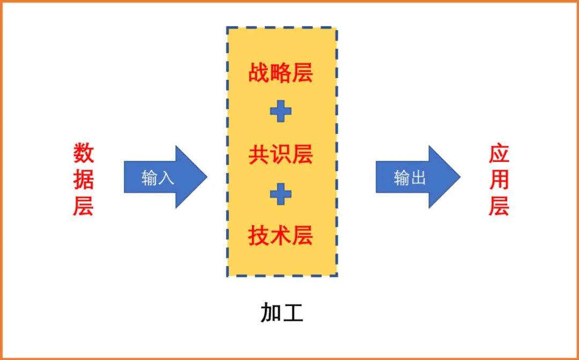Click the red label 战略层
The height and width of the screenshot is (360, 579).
click(x=280, y=73)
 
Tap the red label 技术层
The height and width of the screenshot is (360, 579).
click(x=280, y=235)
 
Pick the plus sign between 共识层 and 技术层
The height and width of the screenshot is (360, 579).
click(x=280, y=194)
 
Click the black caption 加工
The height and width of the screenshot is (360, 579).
click(x=282, y=313)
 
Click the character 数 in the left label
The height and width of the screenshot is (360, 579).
click(x=84, y=154)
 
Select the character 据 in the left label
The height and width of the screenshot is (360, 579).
click(x=84, y=179)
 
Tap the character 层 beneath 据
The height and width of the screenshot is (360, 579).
click(x=84, y=206)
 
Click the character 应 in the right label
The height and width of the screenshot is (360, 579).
click(x=499, y=154)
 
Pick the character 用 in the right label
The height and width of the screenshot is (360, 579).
click(x=499, y=179)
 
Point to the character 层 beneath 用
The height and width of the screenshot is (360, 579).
click(x=499, y=206)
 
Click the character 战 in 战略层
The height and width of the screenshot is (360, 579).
click(x=259, y=73)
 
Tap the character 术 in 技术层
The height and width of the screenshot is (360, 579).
click(x=280, y=235)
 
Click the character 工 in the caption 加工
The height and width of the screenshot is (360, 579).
click(x=293, y=313)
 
